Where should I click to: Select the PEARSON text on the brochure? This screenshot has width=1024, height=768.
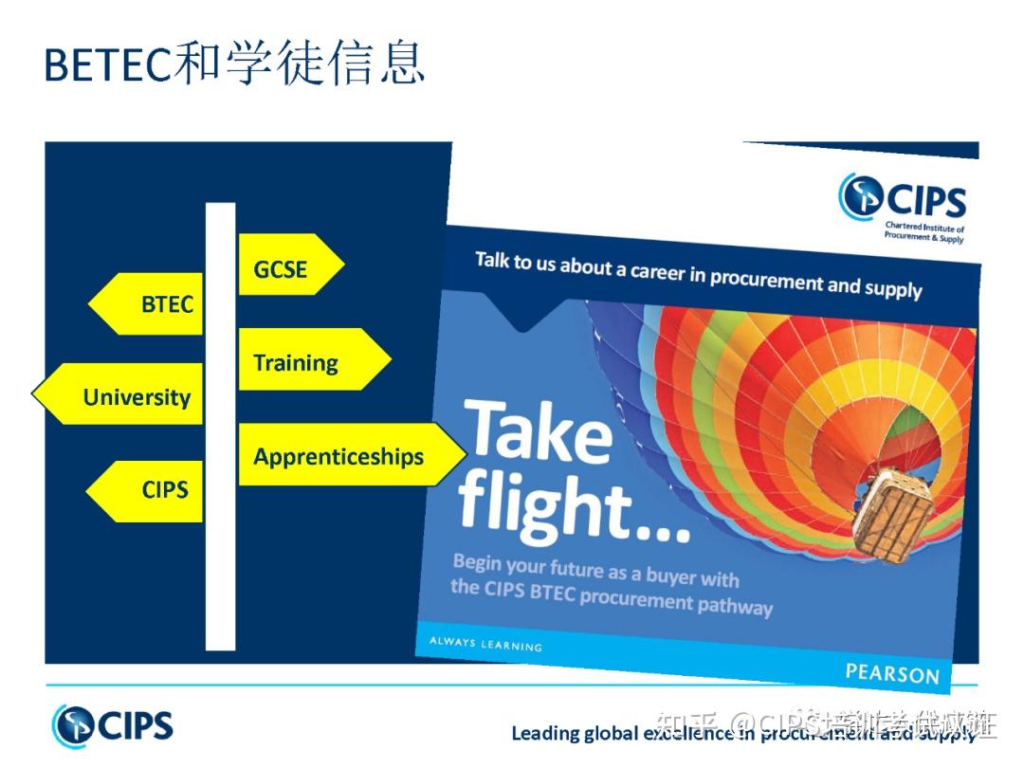[x=891, y=673]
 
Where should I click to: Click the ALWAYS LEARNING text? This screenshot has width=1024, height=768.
[x=485, y=644]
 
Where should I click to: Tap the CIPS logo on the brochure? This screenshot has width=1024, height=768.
[x=902, y=199]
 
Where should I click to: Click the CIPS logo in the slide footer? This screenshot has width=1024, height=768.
[x=113, y=726]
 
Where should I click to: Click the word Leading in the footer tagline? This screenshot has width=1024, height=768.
[x=544, y=733]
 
